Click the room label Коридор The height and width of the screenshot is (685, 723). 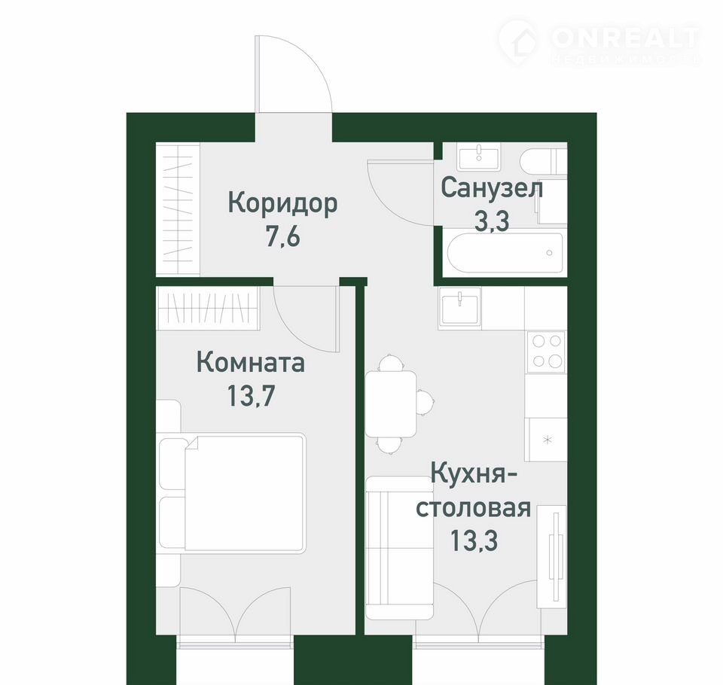[x=283, y=204]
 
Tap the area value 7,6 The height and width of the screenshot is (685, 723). [x=282, y=237]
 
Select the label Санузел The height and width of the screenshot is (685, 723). [x=492, y=188]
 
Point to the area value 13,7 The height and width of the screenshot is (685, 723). [x=251, y=395]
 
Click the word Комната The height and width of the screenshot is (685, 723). [x=251, y=362]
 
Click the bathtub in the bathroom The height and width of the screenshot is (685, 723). [x=505, y=253]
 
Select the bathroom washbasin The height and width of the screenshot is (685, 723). [x=478, y=157]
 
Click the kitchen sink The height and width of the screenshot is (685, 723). [x=459, y=307]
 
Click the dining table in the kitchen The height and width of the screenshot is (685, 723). [x=391, y=403]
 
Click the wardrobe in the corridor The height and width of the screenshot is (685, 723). [x=178, y=209]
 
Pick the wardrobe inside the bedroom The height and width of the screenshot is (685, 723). [x=208, y=309]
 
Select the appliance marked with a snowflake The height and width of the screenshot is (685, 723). [x=548, y=440]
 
